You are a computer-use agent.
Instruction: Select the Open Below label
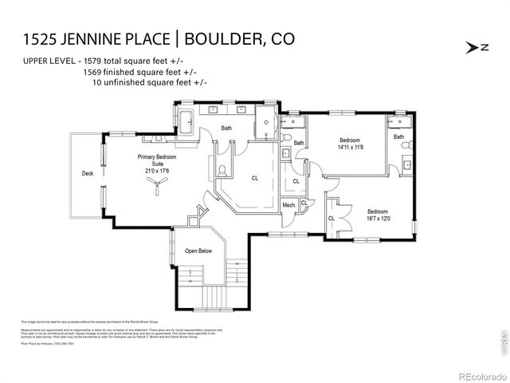198,251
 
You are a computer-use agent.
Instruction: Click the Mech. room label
289,206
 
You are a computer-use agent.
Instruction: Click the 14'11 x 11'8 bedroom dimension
351,147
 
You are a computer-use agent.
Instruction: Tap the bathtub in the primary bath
185,124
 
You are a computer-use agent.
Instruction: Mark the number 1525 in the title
35,38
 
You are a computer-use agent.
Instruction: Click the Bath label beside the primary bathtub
227,128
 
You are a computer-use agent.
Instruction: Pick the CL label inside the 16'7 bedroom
331,219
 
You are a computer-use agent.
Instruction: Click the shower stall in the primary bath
265,125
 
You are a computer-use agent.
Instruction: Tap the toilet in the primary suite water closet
222,170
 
